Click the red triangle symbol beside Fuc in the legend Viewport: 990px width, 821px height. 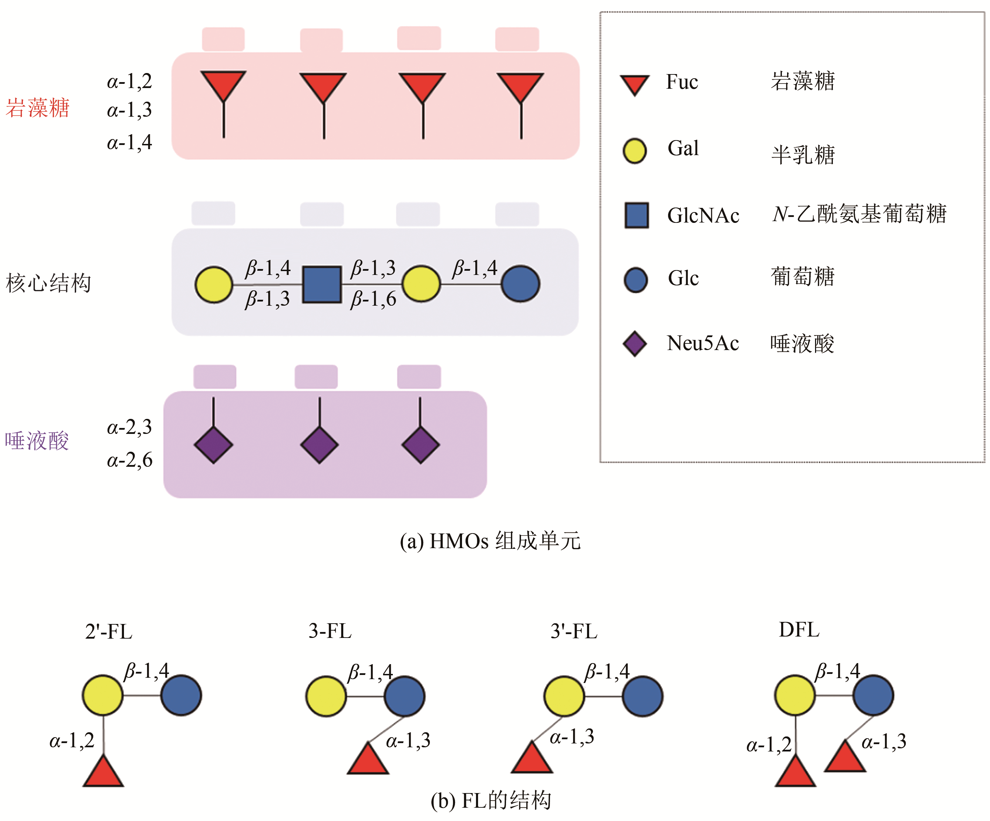[635, 84]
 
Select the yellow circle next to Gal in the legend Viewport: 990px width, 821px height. [635, 151]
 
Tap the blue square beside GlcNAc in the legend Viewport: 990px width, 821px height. [636, 216]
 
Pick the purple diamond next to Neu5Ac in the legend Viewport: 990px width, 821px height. [635, 343]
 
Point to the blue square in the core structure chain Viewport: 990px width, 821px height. [322, 284]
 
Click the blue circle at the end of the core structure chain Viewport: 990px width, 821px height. [520, 284]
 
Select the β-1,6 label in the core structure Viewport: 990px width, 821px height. [373, 299]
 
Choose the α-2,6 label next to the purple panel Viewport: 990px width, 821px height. [130, 460]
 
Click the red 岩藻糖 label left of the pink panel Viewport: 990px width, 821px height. [38, 108]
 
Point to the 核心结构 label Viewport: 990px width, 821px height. [49, 283]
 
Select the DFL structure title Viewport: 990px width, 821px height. [799, 630]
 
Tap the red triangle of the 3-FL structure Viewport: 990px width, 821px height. [368, 760]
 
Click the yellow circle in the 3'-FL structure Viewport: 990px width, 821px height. [564, 696]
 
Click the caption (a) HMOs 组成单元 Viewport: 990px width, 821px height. [490, 541]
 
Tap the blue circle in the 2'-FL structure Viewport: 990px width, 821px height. [181, 696]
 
